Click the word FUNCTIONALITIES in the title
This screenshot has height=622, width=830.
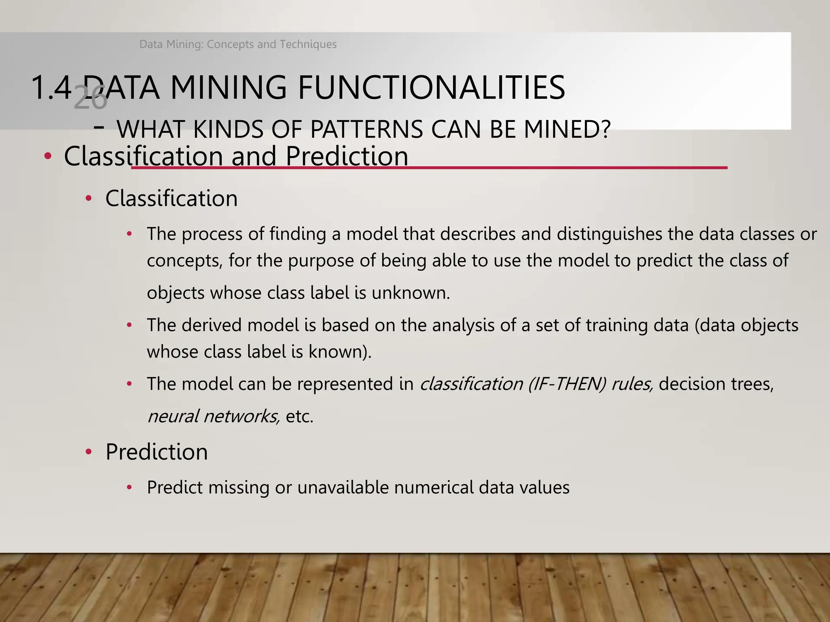click(x=431, y=87)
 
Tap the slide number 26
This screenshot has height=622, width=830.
click(x=90, y=98)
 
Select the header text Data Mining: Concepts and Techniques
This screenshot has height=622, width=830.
click(x=238, y=44)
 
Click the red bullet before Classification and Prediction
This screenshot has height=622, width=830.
click(x=48, y=156)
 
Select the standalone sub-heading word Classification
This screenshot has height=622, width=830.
click(x=171, y=198)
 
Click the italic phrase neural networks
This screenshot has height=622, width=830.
click(x=214, y=416)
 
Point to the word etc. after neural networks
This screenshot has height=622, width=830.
click(x=299, y=416)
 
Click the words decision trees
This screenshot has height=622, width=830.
click(x=716, y=384)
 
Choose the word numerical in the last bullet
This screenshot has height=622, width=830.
click(x=433, y=487)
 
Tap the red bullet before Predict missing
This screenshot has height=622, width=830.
click(x=129, y=488)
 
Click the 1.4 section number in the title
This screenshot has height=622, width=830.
click(x=51, y=87)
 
